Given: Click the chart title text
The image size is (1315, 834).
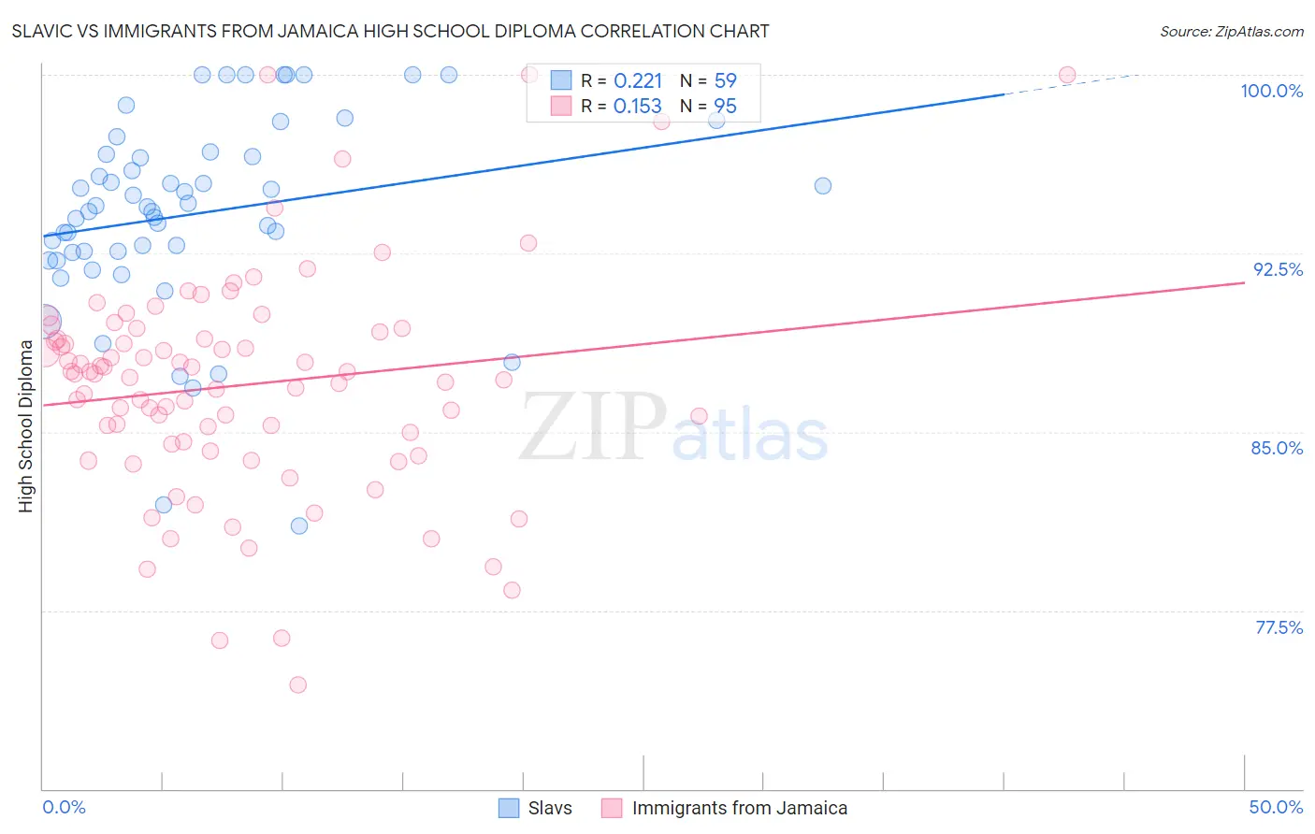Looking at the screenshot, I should coord(391,31).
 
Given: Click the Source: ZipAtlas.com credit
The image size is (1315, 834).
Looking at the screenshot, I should coord(1231,32).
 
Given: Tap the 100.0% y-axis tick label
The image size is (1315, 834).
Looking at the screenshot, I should coord(1271,91).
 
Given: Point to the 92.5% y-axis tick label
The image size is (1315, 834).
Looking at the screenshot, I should coord(1278,269).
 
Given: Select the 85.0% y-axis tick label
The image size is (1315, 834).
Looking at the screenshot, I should coord(1277,448).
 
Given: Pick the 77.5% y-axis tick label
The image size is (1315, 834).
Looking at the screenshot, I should coord(1279,627).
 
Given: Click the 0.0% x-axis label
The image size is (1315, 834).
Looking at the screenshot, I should coord(64,807).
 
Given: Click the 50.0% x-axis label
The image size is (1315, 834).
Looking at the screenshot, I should coord(1276,807).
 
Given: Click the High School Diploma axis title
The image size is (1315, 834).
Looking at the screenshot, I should coord(26,425).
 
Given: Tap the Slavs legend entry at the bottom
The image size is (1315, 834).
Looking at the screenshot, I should coord(549,808).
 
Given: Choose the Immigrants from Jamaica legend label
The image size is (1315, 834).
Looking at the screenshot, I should coord(739,808).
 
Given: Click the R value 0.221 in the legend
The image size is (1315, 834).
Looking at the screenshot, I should coord(638,81).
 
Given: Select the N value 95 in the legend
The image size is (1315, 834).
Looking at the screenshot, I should coord(725,107).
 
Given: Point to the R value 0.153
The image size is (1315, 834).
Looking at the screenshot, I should coord(638,107).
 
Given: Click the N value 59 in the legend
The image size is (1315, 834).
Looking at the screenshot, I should coord(725,81).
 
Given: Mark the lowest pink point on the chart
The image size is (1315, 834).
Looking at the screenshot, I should coord(297,684).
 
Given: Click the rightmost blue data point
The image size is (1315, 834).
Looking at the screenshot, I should coord(823,186).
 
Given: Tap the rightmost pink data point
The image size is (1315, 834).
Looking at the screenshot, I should coord(1067,75).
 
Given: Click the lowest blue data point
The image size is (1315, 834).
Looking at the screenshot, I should coord(299,525).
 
